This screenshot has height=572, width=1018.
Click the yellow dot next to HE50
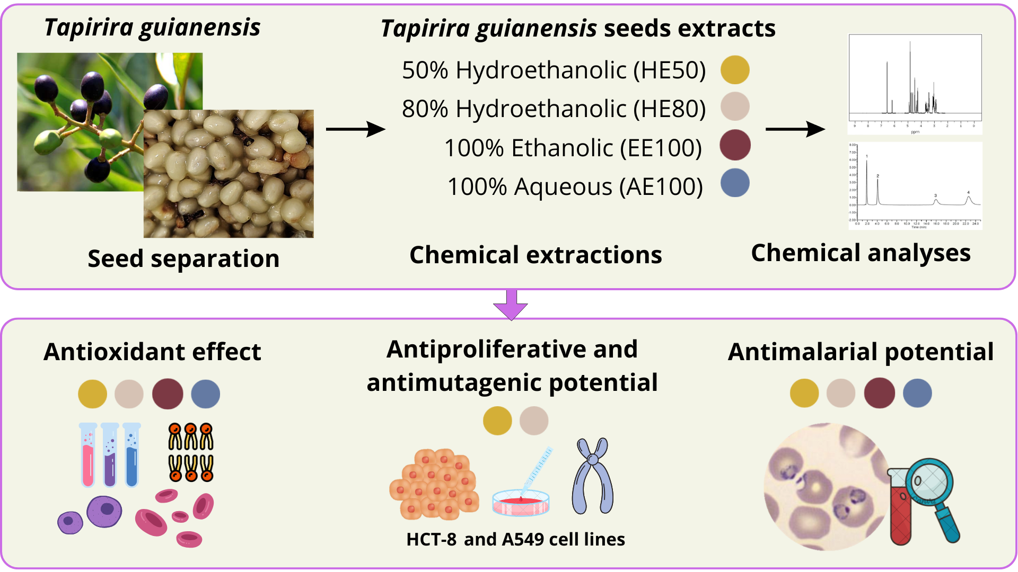pos(735,70)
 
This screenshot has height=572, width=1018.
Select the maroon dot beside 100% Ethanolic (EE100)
pos(735,145)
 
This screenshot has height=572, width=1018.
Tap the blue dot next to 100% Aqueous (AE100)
pos(735,183)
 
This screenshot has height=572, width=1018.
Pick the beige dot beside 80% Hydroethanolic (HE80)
pos(735,106)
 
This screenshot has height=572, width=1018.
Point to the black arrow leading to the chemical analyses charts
pos(795,129)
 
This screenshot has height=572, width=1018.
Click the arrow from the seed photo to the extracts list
pos(355,129)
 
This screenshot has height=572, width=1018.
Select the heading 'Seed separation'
pos(183,259)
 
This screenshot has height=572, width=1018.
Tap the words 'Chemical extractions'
pos(536,255)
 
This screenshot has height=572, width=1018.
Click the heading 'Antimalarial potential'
pos(861,352)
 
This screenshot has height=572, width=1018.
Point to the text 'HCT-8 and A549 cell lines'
pos(515,539)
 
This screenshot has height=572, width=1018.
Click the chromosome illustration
pos(593,476)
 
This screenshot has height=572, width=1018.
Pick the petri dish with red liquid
pos(521,503)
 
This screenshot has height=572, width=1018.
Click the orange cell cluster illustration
pos(434,484)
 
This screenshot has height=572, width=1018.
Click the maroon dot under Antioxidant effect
pos(168,394)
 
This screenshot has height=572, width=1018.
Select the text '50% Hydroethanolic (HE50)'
pos(554,70)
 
